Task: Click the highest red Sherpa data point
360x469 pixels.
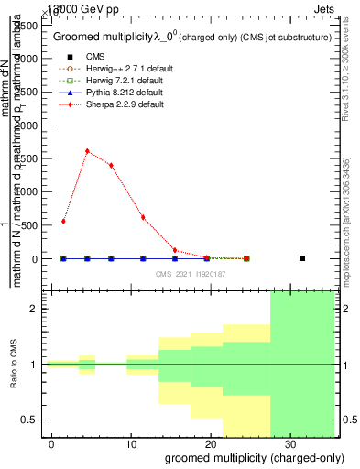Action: [87, 151]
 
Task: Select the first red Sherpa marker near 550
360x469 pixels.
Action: [63, 221]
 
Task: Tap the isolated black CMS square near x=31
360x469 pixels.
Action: [302, 258]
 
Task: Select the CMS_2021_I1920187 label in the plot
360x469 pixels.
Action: [190, 274]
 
